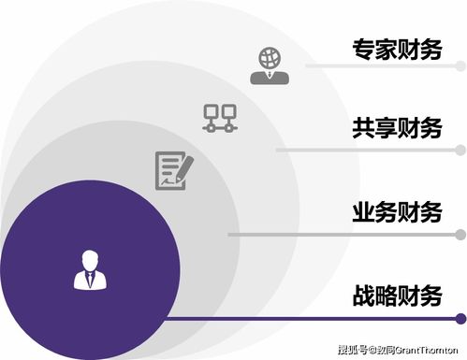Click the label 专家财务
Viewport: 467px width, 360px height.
coord(396,50)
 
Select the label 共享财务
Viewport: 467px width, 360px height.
coord(396,128)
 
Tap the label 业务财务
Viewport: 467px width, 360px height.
coord(396,211)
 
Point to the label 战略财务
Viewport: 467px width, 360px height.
coord(396,296)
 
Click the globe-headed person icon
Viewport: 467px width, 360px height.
coord(269,62)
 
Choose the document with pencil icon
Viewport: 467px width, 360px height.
coord(173,168)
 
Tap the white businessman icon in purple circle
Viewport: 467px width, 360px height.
coord(90,268)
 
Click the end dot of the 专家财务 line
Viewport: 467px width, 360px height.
coord(460,66)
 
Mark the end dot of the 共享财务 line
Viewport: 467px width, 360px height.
coord(460,149)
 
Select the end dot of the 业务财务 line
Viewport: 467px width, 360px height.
coord(460,234)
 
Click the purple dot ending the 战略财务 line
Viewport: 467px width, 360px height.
coord(460,319)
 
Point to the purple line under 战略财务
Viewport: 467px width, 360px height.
coord(309,319)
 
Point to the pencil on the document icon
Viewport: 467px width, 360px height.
coord(182,166)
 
